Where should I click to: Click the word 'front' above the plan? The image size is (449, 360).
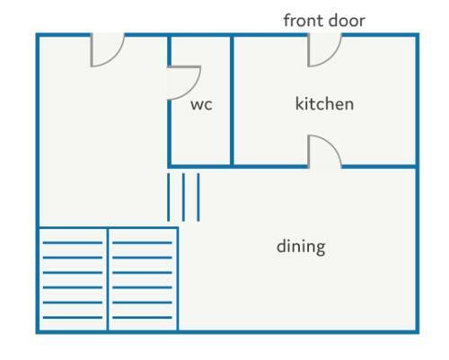303,21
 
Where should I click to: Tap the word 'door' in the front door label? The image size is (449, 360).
347,21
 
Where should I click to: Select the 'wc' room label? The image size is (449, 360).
201,105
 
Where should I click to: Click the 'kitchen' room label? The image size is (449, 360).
324,104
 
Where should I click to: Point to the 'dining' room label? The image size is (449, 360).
301,247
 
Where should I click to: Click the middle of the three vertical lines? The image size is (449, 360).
183,198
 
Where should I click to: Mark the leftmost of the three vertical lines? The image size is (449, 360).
168,198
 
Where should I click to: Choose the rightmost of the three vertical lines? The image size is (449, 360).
198,198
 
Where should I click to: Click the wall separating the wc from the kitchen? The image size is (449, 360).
232,101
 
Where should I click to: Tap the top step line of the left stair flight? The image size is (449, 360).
73,242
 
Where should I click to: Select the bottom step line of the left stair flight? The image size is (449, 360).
73,317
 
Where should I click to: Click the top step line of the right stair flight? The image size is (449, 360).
142,242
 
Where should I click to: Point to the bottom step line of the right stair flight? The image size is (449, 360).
142,317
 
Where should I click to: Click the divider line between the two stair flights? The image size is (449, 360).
108,279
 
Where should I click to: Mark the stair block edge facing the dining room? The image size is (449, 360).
178,279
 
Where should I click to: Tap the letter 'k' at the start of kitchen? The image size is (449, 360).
300,103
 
